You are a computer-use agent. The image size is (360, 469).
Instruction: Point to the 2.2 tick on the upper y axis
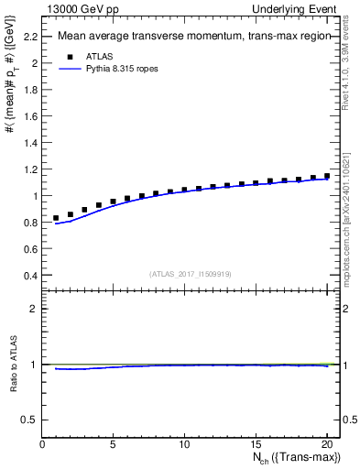coord(30,37)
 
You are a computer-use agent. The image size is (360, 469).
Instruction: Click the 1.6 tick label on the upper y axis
coord(30,116)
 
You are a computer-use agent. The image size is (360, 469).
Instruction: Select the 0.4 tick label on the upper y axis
coord(30,275)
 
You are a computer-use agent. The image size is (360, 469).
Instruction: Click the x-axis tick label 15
coord(255,444)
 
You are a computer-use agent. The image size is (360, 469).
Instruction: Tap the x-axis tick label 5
coord(114,444)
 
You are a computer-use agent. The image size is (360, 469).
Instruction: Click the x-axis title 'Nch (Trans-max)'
coord(300,458)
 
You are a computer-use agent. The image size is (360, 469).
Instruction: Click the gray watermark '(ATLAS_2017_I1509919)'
coord(191,272)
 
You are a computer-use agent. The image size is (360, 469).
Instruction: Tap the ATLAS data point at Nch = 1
coord(57,218)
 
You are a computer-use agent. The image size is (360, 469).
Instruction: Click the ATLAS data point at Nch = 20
coord(326,176)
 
